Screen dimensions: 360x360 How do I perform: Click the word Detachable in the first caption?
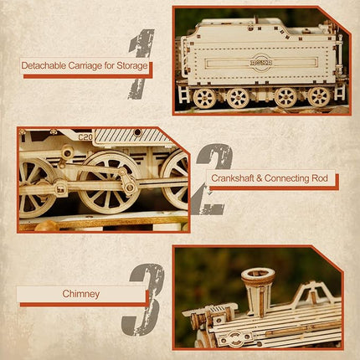(x=47, y=65)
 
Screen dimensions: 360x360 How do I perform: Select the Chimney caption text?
(x=80, y=294)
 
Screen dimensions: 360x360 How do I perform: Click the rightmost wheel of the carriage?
(x=317, y=96)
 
